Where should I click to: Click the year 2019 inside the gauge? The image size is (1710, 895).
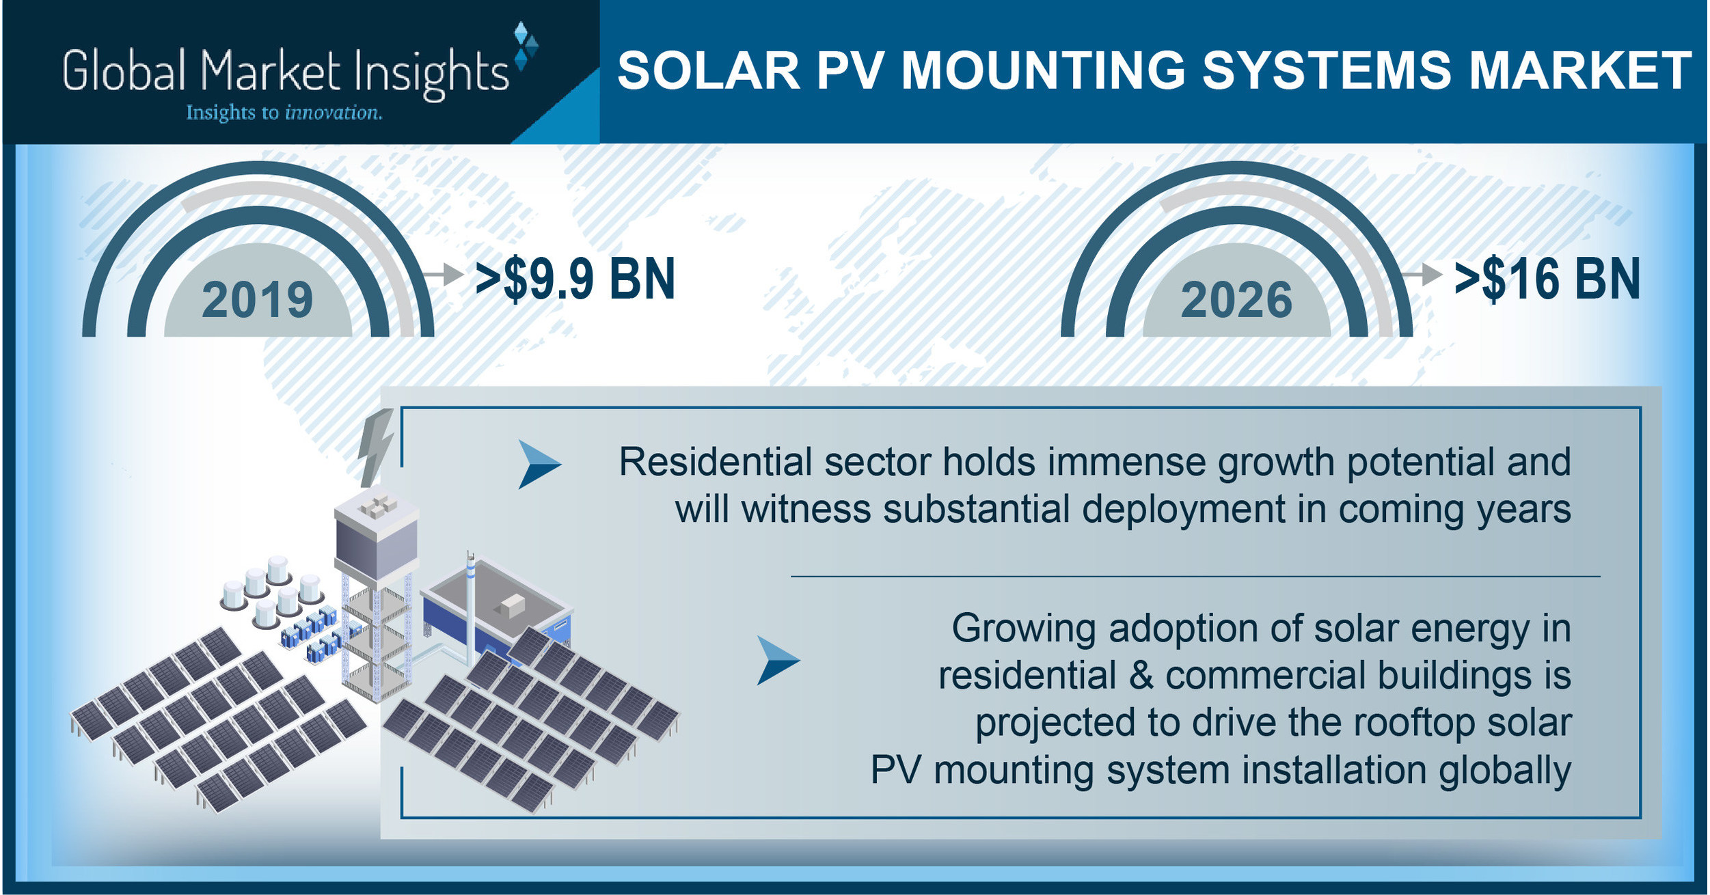[x=257, y=300]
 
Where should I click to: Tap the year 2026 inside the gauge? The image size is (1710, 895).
[x=1236, y=300]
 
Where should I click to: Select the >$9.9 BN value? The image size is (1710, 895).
[x=575, y=279]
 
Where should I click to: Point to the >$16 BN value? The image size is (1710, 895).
[x=1547, y=279]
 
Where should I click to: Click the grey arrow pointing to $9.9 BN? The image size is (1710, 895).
[x=444, y=275]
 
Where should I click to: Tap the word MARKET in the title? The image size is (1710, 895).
[x=1580, y=70]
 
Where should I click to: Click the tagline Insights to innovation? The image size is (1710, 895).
[x=284, y=113]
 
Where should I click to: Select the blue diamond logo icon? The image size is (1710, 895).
[x=525, y=45]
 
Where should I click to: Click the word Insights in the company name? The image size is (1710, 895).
[x=431, y=72]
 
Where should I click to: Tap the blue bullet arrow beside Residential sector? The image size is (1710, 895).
[x=539, y=465]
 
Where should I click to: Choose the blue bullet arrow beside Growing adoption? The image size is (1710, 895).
[x=777, y=660]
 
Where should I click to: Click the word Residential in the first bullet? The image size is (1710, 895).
[x=714, y=462]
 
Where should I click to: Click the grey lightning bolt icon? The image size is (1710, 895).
[x=377, y=447]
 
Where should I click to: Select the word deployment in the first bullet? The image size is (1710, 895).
[x=1184, y=510]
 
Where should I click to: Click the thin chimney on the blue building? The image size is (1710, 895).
[x=470, y=608]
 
